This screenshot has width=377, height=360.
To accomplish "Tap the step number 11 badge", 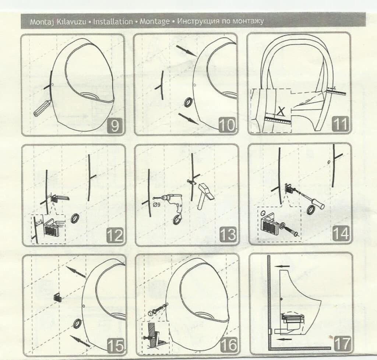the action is point(340,124).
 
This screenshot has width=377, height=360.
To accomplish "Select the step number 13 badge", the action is point(228,234).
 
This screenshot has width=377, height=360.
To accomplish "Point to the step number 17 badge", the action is point(342,343).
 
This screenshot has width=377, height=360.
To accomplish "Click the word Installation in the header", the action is point(113,22).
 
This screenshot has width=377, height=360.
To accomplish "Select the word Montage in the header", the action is point(155,22).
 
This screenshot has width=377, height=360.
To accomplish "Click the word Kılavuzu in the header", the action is point(71,22).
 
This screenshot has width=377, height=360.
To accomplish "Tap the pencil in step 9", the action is point(42,108).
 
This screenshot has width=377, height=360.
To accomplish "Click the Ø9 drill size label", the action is point(156,205).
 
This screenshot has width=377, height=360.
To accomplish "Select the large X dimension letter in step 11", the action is point(281,111).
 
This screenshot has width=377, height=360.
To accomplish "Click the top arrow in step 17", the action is point(282,266).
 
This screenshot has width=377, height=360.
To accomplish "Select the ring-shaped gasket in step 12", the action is point(75,218).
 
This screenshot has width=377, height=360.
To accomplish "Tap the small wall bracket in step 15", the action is point(57,297).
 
